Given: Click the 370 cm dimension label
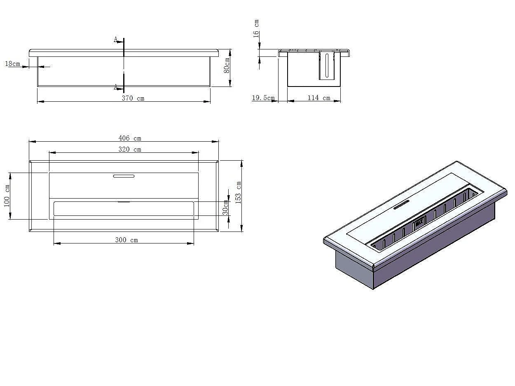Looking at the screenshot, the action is coord(133,98).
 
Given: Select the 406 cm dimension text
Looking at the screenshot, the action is coord(130,138).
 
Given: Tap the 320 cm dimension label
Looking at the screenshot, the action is coord(130,150).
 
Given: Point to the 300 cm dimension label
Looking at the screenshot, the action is coord(126,240).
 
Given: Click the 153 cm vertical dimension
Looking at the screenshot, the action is coord(239,192).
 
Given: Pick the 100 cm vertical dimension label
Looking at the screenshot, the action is coord(7,196).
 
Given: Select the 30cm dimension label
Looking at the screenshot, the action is coord(225,207).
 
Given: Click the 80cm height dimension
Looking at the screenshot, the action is coord(227,66).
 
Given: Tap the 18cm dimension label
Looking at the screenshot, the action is coord(12,63).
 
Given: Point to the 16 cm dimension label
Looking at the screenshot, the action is coord(256,28).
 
